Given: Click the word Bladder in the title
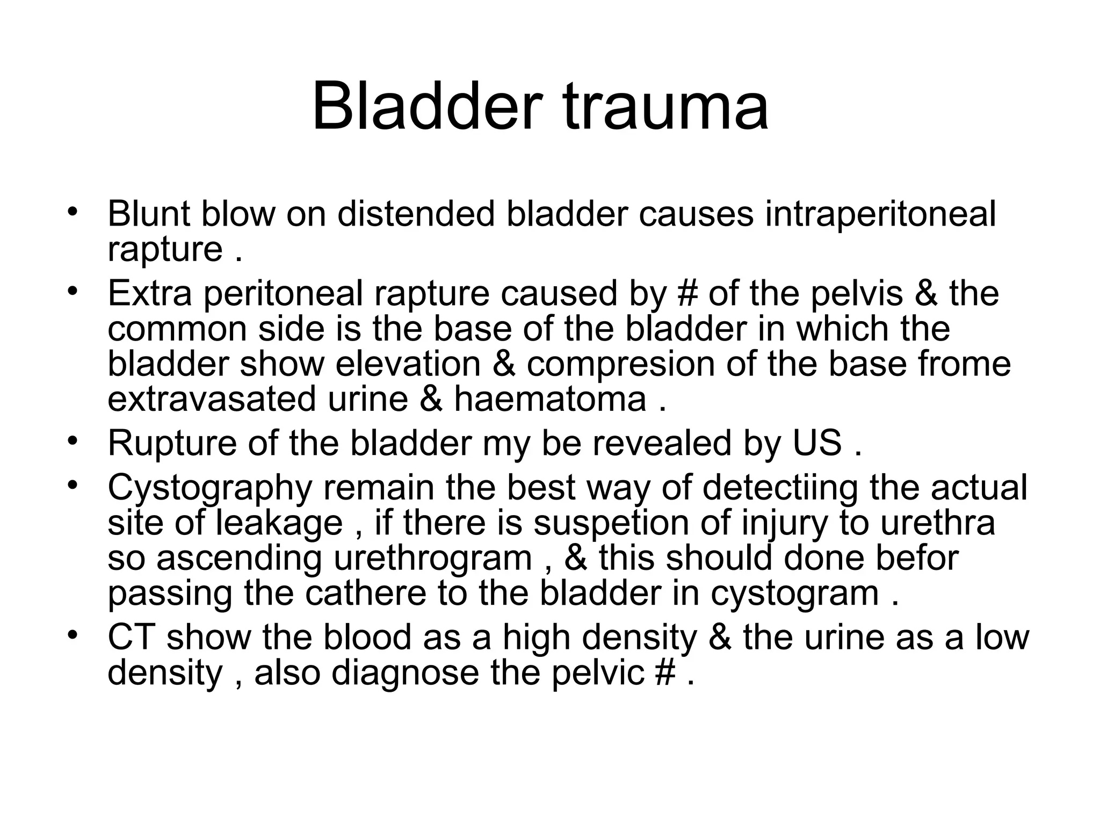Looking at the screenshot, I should click(x=424, y=106).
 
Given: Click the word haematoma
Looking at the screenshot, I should click(x=550, y=400).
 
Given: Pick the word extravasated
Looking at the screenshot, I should click(x=212, y=400).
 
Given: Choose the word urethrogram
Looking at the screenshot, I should click(x=433, y=558).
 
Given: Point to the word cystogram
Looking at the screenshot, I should click(x=794, y=594).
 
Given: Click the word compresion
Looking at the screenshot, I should click(x=620, y=364).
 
